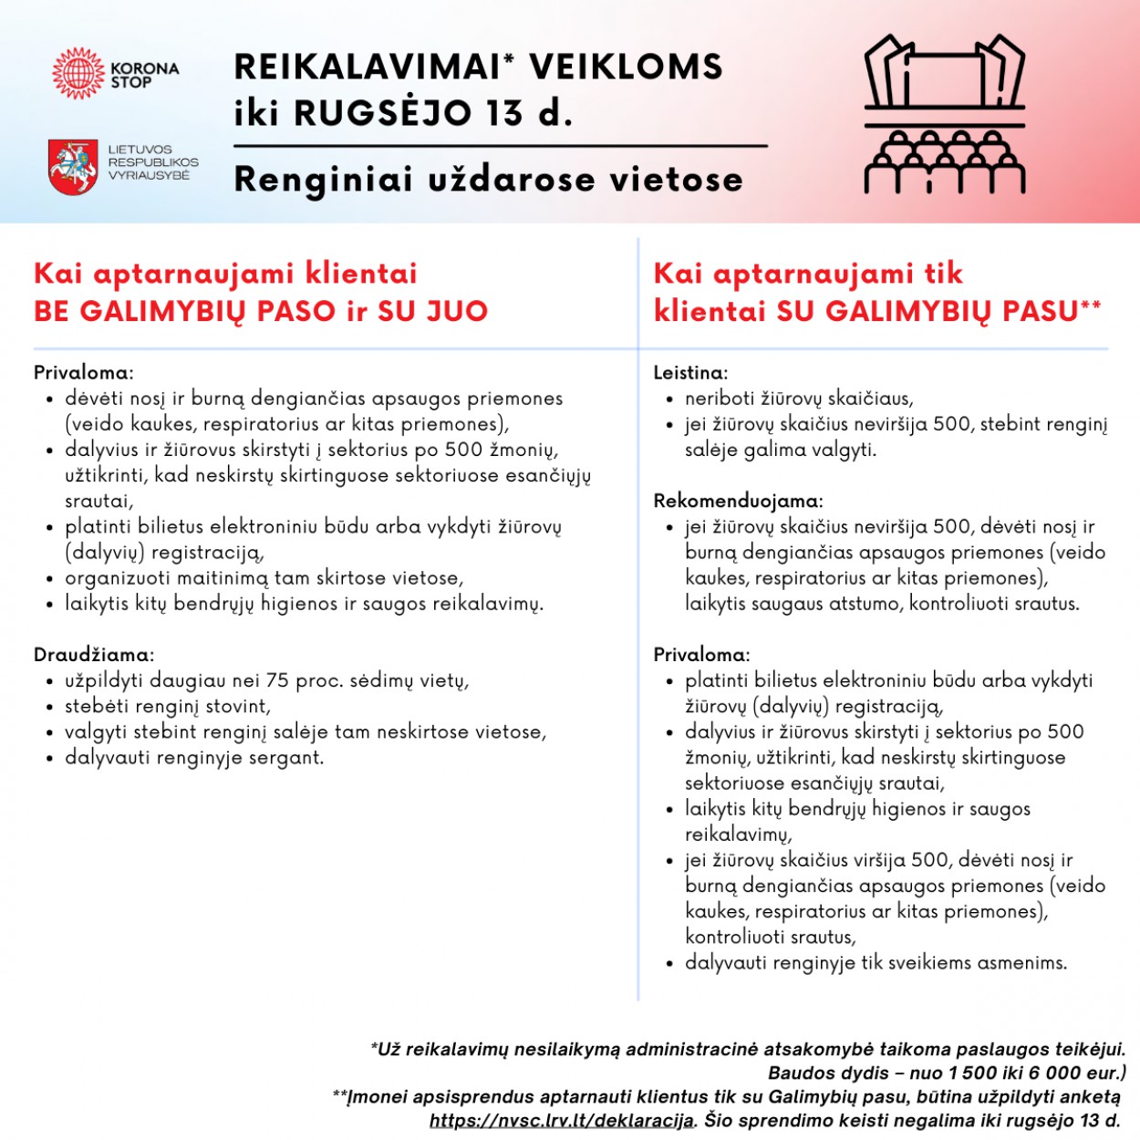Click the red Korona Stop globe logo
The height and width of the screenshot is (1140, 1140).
[78, 74]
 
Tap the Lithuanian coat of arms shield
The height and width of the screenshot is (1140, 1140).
[73, 166]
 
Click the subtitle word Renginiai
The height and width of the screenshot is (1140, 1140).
[324, 179]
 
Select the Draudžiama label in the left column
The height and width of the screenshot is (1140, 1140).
[93, 655]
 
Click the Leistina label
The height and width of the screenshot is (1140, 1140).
[690, 373]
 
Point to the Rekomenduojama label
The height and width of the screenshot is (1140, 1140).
[738, 501]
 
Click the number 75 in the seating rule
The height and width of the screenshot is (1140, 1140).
[277, 680]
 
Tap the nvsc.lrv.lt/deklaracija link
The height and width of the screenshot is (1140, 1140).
[562, 1120]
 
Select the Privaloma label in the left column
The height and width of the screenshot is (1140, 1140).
[83, 373]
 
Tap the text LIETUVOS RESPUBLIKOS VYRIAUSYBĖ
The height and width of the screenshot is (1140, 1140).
[152, 162]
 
